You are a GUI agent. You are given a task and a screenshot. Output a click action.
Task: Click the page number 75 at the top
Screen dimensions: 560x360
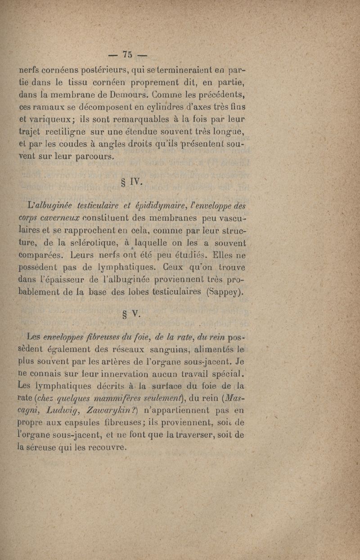tap(127, 54)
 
